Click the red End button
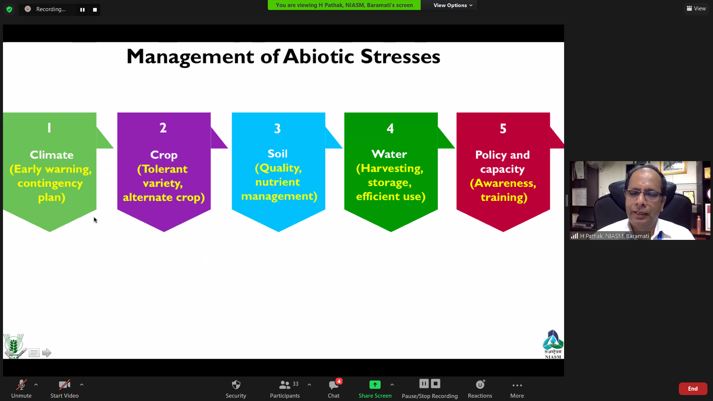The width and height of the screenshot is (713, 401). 693,389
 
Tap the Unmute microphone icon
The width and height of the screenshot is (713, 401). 21,385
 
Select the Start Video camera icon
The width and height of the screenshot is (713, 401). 64,385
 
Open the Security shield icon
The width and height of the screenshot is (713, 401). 236,385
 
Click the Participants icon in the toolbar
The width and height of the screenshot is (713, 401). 284,385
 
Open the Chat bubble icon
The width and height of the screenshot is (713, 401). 333,385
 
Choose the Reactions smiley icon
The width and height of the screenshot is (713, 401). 480,384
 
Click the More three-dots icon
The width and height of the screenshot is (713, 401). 517,385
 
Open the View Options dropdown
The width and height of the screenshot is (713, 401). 453,5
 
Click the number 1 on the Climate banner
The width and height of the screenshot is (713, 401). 49,128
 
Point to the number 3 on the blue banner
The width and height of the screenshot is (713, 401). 277,128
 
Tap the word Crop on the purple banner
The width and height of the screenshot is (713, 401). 164,155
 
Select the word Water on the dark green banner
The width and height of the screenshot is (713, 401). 389,154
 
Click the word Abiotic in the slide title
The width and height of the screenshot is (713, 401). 319,56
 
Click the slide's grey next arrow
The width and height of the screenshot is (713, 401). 46,353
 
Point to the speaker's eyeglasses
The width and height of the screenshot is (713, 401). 644,193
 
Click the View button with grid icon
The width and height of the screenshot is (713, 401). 696,9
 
